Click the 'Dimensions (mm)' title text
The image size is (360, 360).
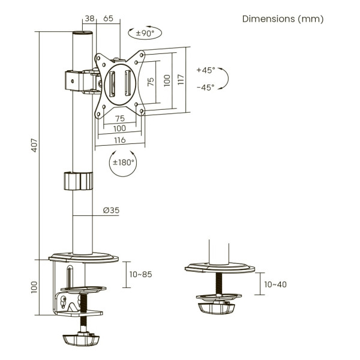point(283,19)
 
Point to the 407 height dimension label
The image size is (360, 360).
point(34,145)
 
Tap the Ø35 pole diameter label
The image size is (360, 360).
point(111,210)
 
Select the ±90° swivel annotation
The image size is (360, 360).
point(145,33)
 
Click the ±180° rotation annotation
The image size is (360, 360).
point(123,163)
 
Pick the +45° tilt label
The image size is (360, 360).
point(206,70)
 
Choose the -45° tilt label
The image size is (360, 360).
point(205,88)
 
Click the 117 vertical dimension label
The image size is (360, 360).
point(181,79)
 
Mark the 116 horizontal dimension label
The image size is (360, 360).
point(120,140)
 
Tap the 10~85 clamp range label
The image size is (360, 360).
point(140,274)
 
